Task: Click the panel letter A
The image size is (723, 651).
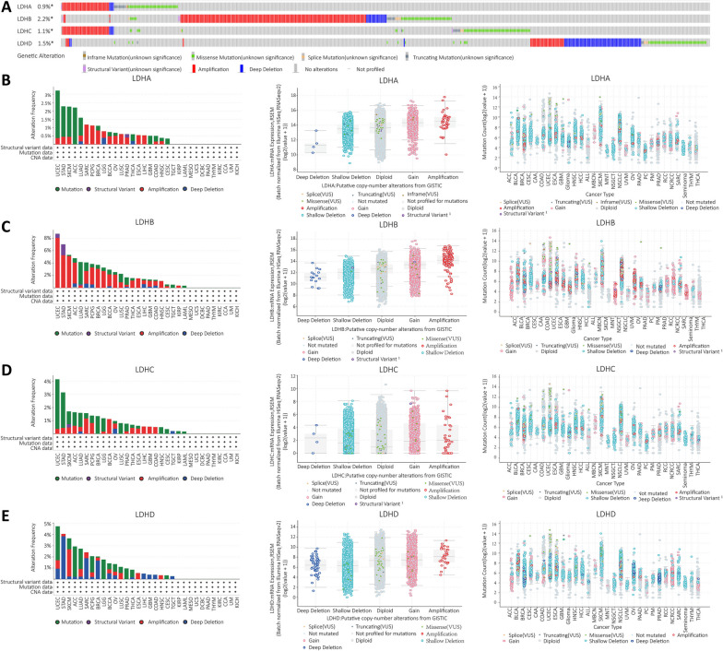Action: pyautogui.click(x=6, y=6)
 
